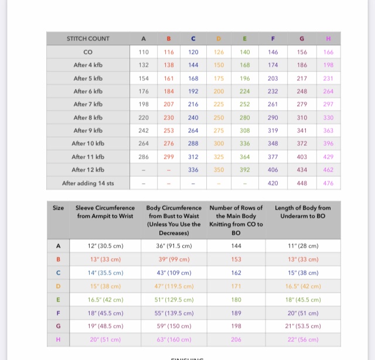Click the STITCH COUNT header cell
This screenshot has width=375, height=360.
(x=88, y=39)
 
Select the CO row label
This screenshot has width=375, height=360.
(x=88, y=52)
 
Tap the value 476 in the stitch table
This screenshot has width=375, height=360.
(x=328, y=183)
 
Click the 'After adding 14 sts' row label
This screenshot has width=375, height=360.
(x=88, y=183)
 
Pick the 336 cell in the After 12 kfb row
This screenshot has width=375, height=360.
(x=193, y=170)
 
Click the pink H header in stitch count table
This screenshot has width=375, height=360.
(x=328, y=39)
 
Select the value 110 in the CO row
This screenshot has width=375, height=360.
(x=144, y=52)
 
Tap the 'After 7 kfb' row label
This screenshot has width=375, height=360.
(x=88, y=104)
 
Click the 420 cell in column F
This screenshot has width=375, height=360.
(x=273, y=183)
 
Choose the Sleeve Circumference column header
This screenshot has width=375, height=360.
(x=105, y=212)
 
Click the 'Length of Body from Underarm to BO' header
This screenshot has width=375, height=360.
(x=303, y=212)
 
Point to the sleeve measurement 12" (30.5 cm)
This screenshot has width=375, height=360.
(x=104, y=246)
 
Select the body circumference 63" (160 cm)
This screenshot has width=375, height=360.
(x=173, y=340)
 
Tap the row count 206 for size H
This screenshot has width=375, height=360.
(x=236, y=340)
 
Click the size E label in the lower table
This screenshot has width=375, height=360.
(x=58, y=299)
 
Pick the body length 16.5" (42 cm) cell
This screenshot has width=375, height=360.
(x=303, y=286)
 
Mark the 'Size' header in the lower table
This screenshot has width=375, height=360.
(x=58, y=208)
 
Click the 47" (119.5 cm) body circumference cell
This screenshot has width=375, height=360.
(x=173, y=286)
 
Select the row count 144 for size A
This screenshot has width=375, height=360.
(x=236, y=246)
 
